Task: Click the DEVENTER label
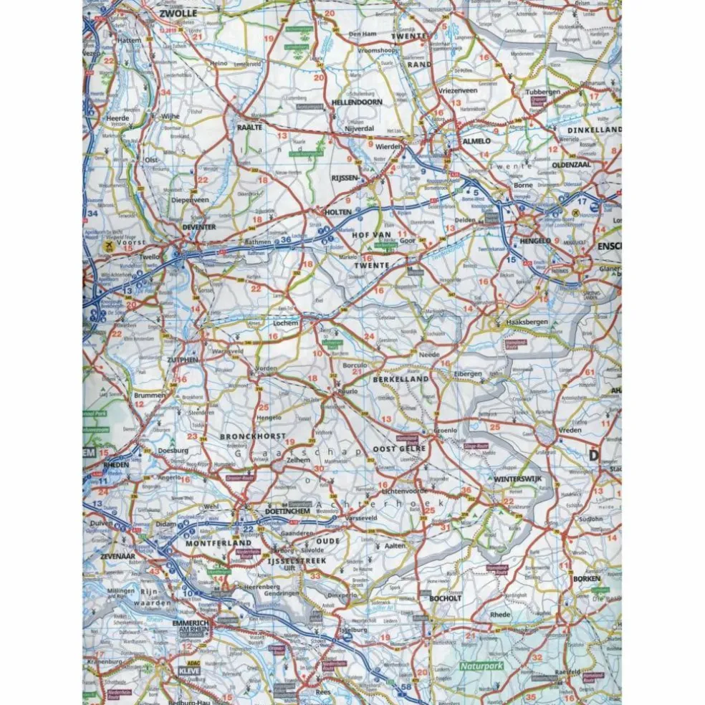(198, 227)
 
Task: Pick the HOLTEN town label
(338, 212)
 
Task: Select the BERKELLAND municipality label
(401, 378)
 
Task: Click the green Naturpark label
(481, 666)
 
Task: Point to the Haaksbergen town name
(527, 322)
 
